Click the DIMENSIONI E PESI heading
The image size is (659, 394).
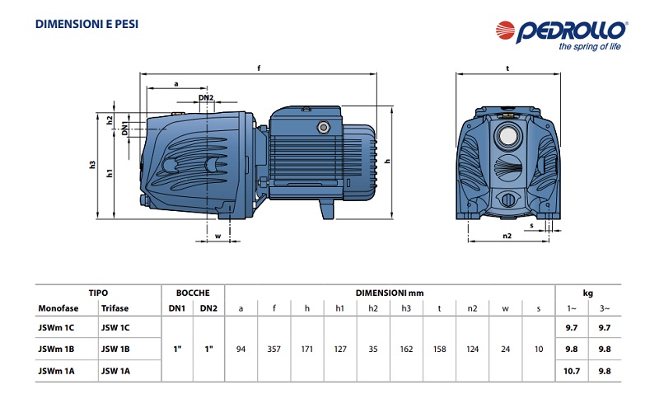86,25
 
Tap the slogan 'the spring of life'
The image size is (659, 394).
590,47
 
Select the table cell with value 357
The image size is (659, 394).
273,349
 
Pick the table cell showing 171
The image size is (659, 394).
306,349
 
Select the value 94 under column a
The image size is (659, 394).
241,349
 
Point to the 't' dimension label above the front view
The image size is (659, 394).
507,68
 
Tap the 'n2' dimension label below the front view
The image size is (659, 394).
507,237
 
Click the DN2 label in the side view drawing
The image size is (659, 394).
206,98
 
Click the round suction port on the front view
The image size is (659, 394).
507,134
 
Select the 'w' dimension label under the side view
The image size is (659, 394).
217,235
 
